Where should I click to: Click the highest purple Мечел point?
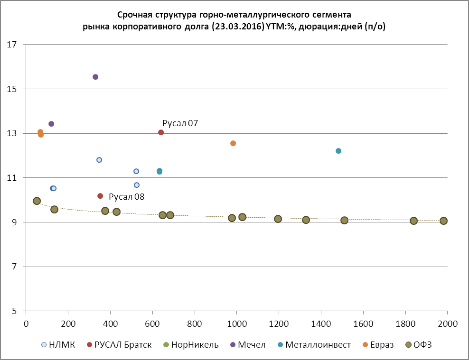[95, 77]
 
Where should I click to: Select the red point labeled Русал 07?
[161, 132]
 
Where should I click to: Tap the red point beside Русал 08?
[100, 196]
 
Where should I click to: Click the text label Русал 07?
[180, 123]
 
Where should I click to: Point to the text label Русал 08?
[127, 196]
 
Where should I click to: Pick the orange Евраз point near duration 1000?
[233, 143]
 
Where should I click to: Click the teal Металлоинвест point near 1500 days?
[338, 151]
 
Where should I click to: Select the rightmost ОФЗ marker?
[443, 221]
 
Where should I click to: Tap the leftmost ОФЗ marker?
[37, 201]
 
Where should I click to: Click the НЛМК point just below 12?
[99, 160]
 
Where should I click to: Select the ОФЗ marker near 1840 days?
[413, 221]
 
